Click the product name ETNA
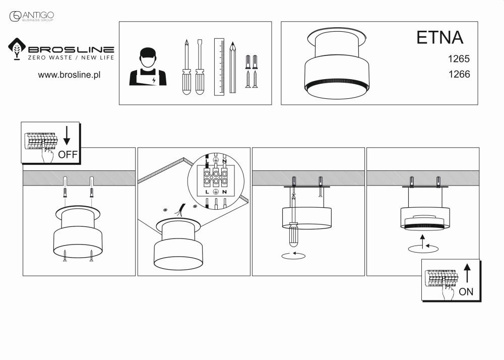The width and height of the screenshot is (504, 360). click(x=439, y=38)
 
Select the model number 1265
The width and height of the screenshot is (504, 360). click(x=459, y=58)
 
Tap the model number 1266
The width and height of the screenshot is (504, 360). click(x=459, y=74)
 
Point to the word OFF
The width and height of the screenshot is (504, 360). click(x=68, y=155)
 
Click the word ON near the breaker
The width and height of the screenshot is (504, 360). click(x=466, y=291)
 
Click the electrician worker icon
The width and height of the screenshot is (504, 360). click(x=148, y=67)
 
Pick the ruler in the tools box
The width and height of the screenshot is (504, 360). click(x=219, y=67)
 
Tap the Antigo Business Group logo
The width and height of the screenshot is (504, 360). click(x=32, y=17)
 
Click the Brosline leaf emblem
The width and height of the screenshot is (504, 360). click(x=18, y=50)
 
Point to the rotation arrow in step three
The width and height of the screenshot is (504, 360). click(x=293, y=256)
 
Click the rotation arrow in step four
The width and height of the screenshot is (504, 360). click(x=423, y=247)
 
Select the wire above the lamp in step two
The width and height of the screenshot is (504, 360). click(x=180, y=211)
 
